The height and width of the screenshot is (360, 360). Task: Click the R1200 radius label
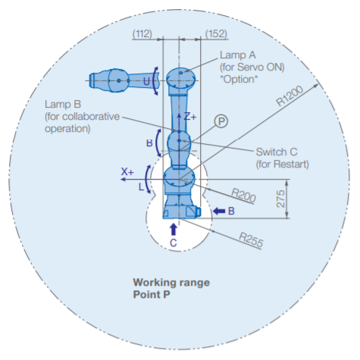(x=290, y=95)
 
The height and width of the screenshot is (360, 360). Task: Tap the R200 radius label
(x=243, y=195)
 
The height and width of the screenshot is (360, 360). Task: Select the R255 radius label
(x=251, y=239)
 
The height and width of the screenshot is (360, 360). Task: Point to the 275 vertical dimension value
(x=280, y=199)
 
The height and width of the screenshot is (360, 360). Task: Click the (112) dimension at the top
(x=142, y=33)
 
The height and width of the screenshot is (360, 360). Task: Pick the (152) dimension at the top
(x=216, y=33)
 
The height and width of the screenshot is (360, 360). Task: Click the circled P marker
(x=221, y=121)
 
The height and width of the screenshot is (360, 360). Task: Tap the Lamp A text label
(x=238, y=55)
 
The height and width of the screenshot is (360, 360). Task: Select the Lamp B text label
(x=63, y=104)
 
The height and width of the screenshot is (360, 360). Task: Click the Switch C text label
(x=277, y=152)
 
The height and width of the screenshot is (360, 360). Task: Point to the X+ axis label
(x=127, y=172)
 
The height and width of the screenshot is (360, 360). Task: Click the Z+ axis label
(x=190, y=117)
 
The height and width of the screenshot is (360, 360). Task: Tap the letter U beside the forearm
(x=146, y=81)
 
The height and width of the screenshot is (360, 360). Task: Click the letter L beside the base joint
(x=141, y=187)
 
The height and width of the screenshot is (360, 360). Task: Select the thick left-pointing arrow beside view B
(x=219, y=211)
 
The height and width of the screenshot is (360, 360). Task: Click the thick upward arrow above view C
(x=174, y=230)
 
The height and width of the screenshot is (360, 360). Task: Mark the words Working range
(x=171, y=283)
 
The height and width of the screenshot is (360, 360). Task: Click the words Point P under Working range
(x=152, y=294)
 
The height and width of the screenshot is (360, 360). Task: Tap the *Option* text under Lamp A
(x=239, y=79)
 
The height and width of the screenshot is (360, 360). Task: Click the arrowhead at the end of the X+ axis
(x=124, y=179)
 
